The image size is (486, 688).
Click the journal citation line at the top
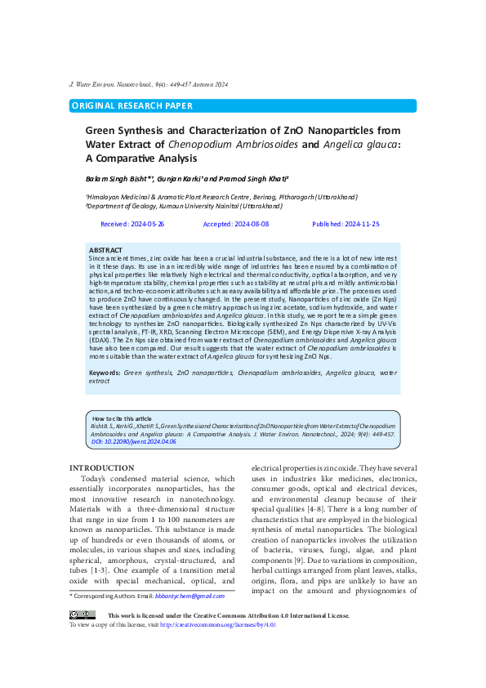(x=148, y=85)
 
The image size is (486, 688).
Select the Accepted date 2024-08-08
(x=235, y=224)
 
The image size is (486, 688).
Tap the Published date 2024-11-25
(x=346, y=224)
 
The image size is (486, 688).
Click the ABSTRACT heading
(x=105, y=249)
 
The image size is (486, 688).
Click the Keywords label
(x=105, y=373)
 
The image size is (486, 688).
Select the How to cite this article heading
(x=122, y=418)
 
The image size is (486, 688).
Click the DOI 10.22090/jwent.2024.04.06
(x=132, y=441)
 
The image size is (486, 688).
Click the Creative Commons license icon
(x=82, y=614)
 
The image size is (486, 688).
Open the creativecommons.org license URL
(x=218, y=624)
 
